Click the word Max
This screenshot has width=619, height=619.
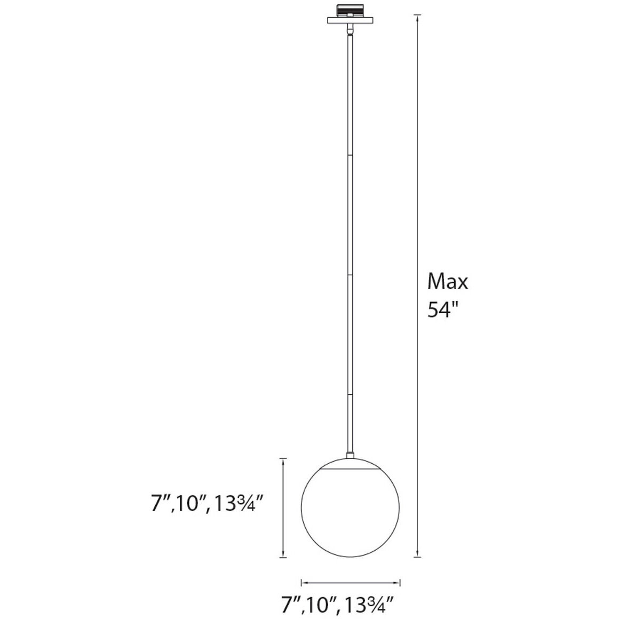(448, 281)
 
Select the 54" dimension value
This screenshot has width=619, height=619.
(443, 309)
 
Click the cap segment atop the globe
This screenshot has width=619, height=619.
(351, 464)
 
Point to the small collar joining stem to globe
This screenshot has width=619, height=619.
(351, 456)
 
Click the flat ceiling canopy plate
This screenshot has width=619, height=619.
(351, 20)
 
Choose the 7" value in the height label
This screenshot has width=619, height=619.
(158, 503)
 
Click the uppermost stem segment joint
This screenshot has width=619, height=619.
(351, 155)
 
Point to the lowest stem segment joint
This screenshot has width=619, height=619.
(351, 394)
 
